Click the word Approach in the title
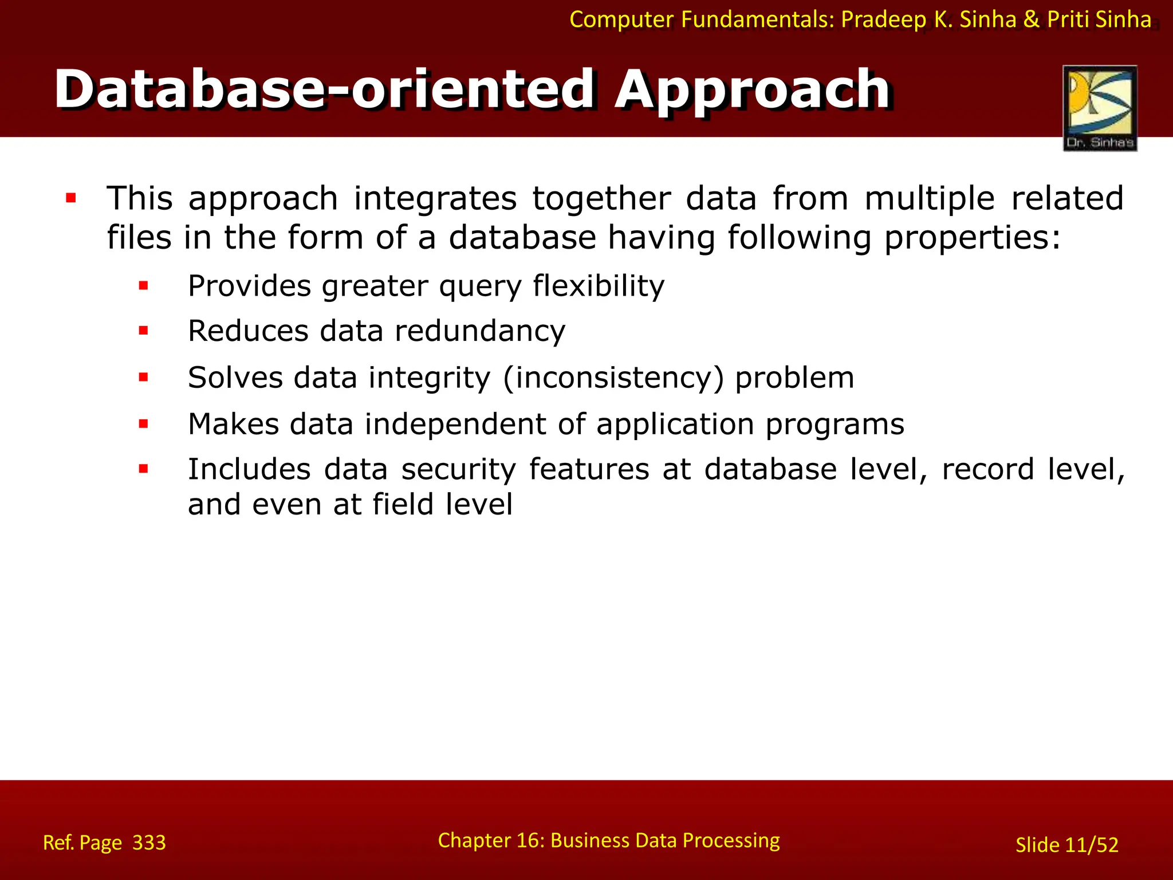pyautogui.click(x=751, y=91)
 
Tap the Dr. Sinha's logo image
pyautogui.click(x=1100, y=108)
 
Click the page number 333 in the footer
pyautogui.click(x=149, y=843)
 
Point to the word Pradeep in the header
pyautogui.click(x=883, y=19)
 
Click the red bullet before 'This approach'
pyautogui.click(x=71, y=199)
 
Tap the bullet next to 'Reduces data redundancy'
pyautogui.click(x=143, y=331)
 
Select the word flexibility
pyautogui.click(x=599, y=286)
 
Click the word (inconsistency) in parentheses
pyautogui.click(x=613, y=378)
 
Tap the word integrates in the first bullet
pyautogui.click(x=435, y=199)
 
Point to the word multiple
pyautogui.click(x=929, y=199)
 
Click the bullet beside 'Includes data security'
pyautogui.click(x=143, y=469)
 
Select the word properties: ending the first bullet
pyautogui.click(x=972, y=238)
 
